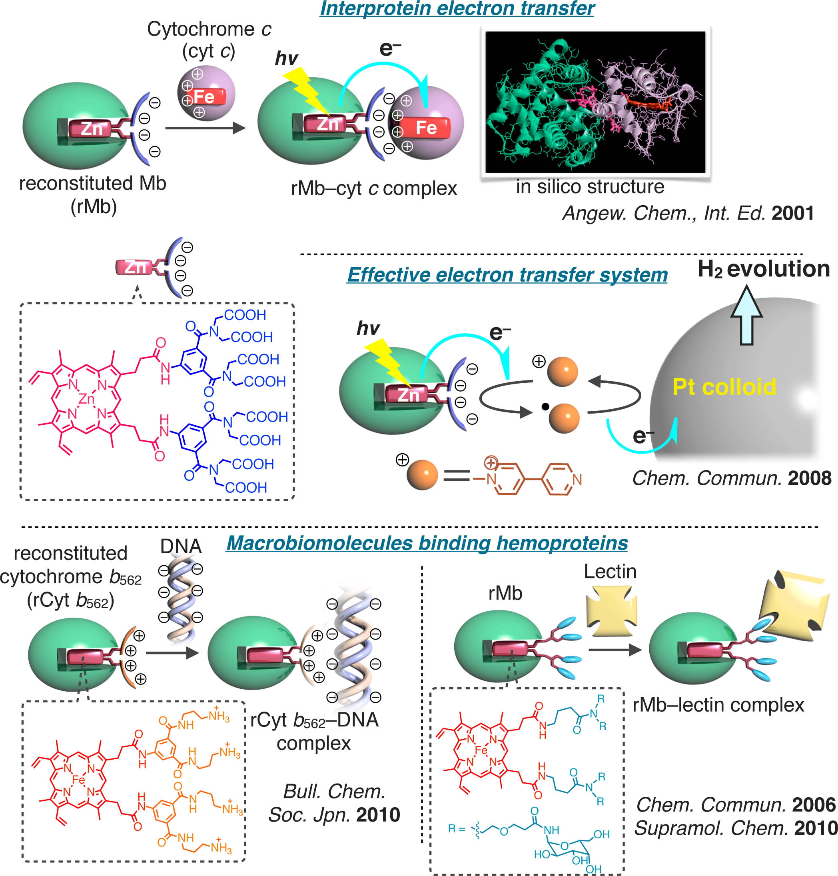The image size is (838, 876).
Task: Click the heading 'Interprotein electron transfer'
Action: pyautogui.click(x=457, y=9)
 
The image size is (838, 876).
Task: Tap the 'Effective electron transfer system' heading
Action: pyautogui.click(x=507, y=274)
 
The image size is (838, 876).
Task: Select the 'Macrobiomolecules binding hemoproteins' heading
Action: pyautogui.click(x=427, y=543)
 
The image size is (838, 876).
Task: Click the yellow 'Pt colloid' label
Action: pyautogui.click(x=724, y=387)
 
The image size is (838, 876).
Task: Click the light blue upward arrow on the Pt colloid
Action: pyautogui.click(x=746, y=315)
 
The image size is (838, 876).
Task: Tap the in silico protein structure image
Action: pyautogui.click(x=595, y=102)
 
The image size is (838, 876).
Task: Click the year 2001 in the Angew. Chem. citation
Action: pyautogui.click(x=792, y=213)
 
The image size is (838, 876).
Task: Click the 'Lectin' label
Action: pyautogui.click(x=610, y=572)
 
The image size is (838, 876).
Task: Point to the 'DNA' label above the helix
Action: pyautogui.click(x=181, y=546)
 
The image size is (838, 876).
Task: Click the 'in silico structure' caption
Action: pyautogui.click(x=590, y=187)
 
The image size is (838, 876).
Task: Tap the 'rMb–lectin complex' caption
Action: pyautogui.click(x=718, y=705)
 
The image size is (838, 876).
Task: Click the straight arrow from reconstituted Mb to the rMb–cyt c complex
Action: pyautogui.click(x=206, y=128)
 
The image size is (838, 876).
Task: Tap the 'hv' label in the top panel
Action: pyautogui.click(x=286, y=58)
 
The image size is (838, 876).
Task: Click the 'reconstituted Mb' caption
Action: pyautogui.click(x=92, y=183)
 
